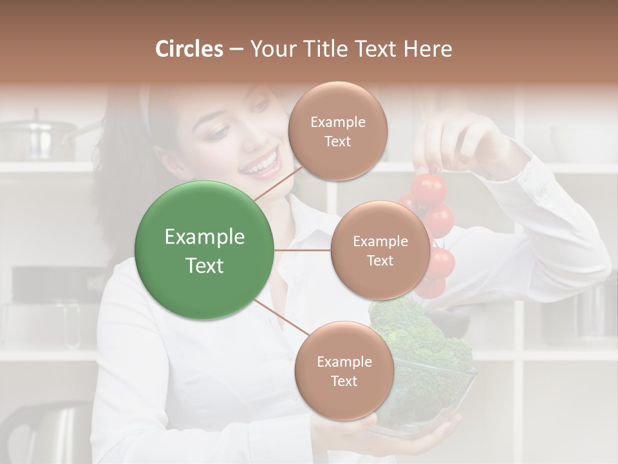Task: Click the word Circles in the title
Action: pyautogui.click(x=189, y=49)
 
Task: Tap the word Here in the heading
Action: pyautogui.click(x=428, y=49)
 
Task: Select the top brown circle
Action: pyautogui.click(x=337, y=131)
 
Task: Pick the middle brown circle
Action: pyautogui.click(x=380, y=251)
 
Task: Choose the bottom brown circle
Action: pyautogui.click(x=344, y=371)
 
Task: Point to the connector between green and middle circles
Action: pyautogui.click(x=303, y=250)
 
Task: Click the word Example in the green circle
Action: pyautogui.click(x=205, y=237)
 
